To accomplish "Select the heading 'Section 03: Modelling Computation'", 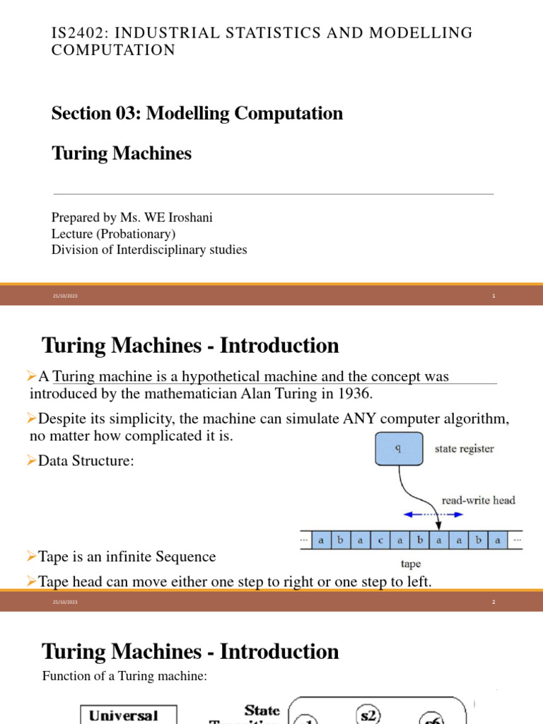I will (x=197, y=113).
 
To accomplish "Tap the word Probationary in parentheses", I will (x=135, y=233).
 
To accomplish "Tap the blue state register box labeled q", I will (x=399, y=448).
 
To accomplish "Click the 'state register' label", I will (x=463, y=448).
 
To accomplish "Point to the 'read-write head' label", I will (x=478, y=500).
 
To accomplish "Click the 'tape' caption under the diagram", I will (x=410, y=564).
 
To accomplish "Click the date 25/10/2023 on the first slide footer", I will (x=64, y=296).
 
